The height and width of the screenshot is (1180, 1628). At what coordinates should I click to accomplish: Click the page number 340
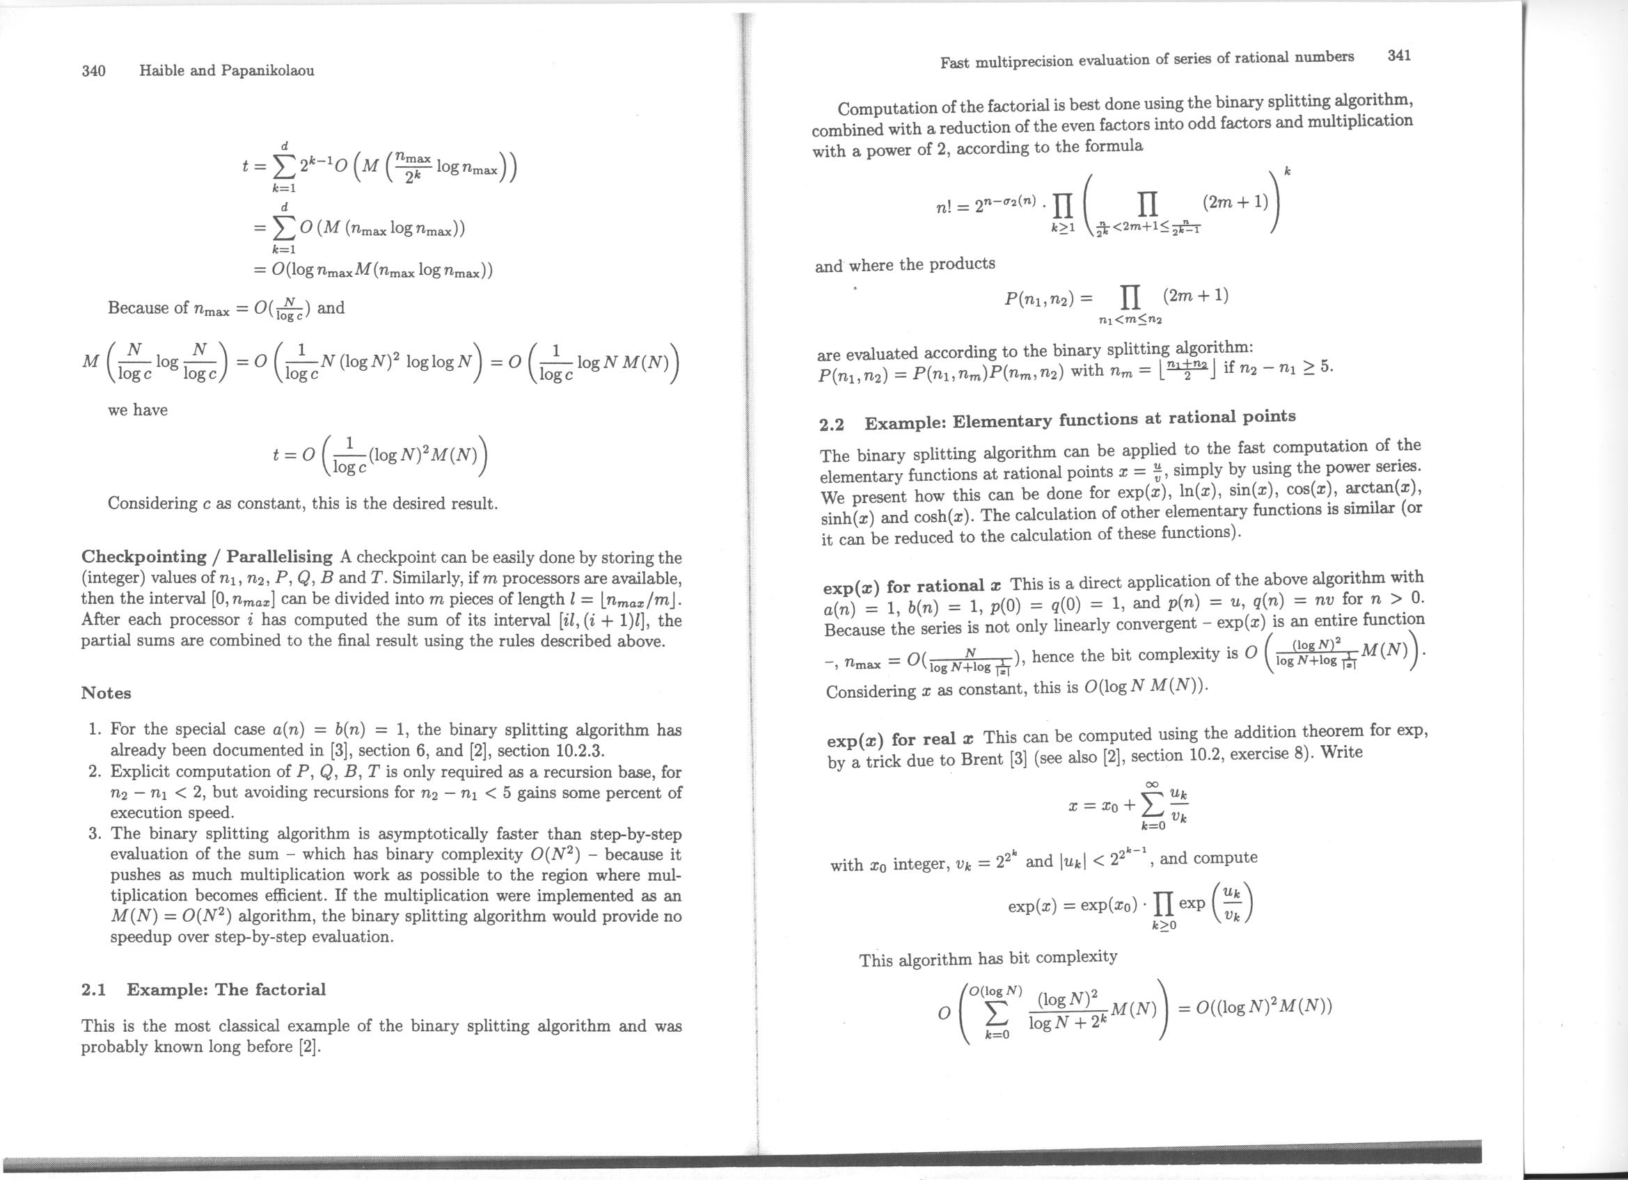(x=94, y=70)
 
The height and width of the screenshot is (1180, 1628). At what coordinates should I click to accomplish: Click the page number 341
(x=1399, y=55)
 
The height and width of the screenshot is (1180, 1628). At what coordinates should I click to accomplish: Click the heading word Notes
(x=106, y=693)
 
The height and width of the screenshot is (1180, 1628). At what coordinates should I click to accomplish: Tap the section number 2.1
(x=94, y=990)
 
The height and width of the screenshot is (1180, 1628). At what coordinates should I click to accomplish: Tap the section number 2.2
(x=832, y=424)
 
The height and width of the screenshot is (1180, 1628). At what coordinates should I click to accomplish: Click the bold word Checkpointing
(x=144, y=557)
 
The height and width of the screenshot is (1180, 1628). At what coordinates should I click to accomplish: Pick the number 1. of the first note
(x=94, y=730)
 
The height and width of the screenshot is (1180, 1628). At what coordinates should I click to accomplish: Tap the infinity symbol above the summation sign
(x=1153, y=786)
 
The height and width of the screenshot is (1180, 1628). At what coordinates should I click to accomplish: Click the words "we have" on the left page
(x=137, y=410)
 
